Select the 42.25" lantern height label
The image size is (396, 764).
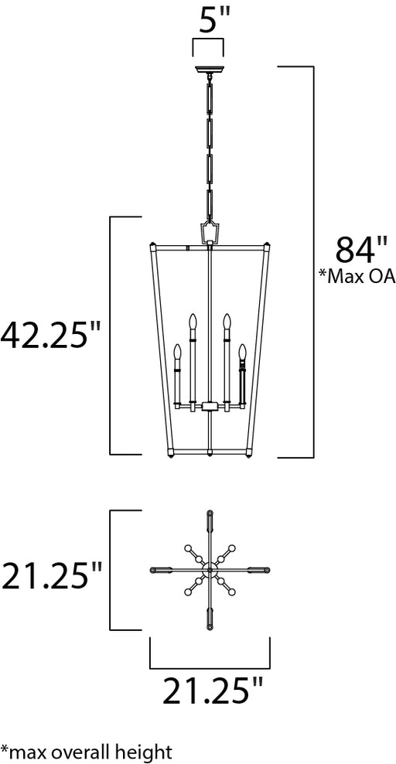pyautogui.click(x=50, y=336)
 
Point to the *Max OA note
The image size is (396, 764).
pyautogui.click(x=357, y=277)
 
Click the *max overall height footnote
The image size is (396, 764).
pyautogui.click(x=86, y=751)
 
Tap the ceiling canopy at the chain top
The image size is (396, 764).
pyautogui.click(x=210, y=70)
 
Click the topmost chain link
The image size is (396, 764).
pyautogui.click(x=210, y=97)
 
